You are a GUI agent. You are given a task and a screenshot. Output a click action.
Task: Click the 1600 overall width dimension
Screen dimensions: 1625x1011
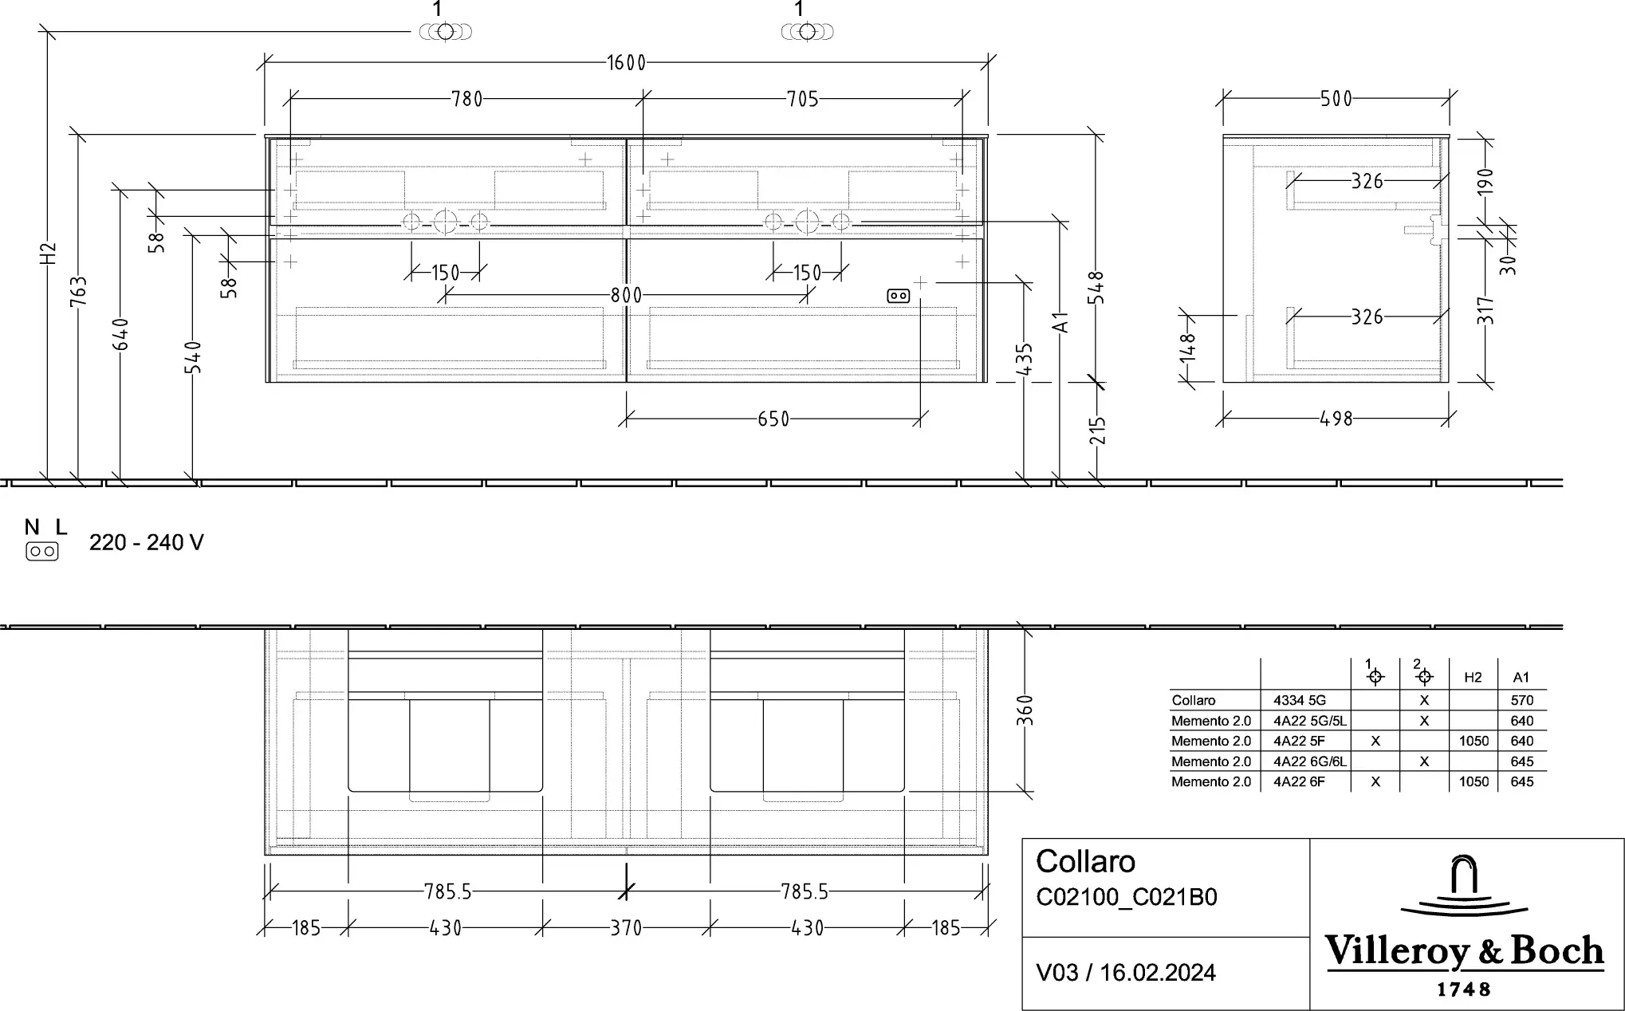click(626, 62)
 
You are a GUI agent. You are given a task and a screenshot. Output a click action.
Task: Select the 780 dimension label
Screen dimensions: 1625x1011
click(467, 99)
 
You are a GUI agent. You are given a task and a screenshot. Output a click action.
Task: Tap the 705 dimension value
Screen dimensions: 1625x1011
click(803, 99)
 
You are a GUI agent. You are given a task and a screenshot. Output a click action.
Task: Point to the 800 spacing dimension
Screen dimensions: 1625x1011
click(627, 295)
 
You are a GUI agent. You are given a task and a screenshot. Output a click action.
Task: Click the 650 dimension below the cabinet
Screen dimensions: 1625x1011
click(773, 419)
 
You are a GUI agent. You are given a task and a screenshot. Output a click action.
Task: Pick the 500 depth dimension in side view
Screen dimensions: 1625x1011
click(1336, 99)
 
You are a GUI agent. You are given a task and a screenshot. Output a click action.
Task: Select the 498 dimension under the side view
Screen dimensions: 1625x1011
click(1336, 419)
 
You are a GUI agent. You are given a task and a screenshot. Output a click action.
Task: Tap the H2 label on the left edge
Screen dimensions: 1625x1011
click(49, 254)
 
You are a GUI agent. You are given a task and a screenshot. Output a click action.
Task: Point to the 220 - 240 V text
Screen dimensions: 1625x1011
click(147, 543)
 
